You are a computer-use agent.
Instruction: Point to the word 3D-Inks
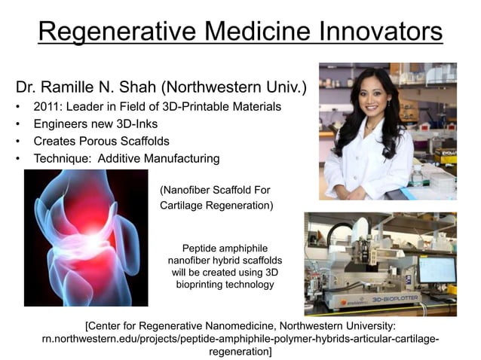tap(154, 124)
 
